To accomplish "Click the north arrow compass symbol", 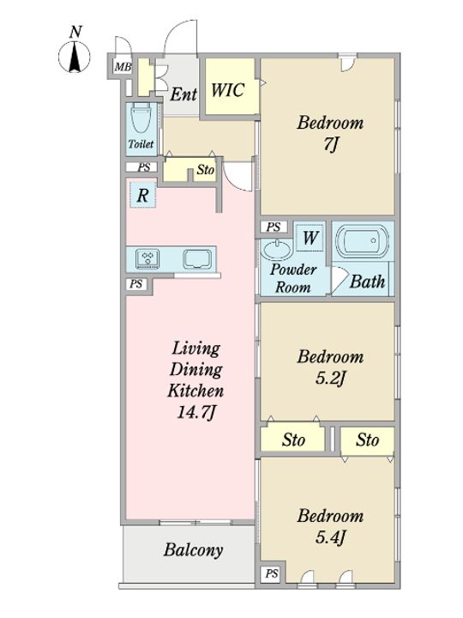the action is (x=75, y=55).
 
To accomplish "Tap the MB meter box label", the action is (x=123, y=68).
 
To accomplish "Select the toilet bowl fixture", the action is (x=141, y=118).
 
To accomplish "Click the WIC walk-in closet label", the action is (x=228, y=90).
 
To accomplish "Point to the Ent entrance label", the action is (x=183, y=94).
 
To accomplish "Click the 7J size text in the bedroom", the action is (x=331, y=145).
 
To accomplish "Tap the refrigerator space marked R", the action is (x=143, y=195).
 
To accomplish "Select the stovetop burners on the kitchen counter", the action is (x=147, y=258).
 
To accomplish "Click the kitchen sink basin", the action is (x=197, y=259).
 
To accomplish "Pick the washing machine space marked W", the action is (x=310, y=238).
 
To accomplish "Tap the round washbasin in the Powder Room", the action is (x=276, y=249).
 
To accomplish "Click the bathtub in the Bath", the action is (x=362, y=241).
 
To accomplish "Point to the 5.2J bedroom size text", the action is (x=331, y=379).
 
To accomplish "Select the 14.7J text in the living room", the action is (x=196, y=412).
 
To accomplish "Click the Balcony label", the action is (x=193, y=550).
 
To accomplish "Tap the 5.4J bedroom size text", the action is (x=331, y=536).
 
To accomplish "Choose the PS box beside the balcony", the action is (x=272, y=574).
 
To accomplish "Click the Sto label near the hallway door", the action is (x=206, y=170).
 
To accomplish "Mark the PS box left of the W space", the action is (x=274, y=227).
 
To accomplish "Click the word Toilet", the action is (x=141, y=144).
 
